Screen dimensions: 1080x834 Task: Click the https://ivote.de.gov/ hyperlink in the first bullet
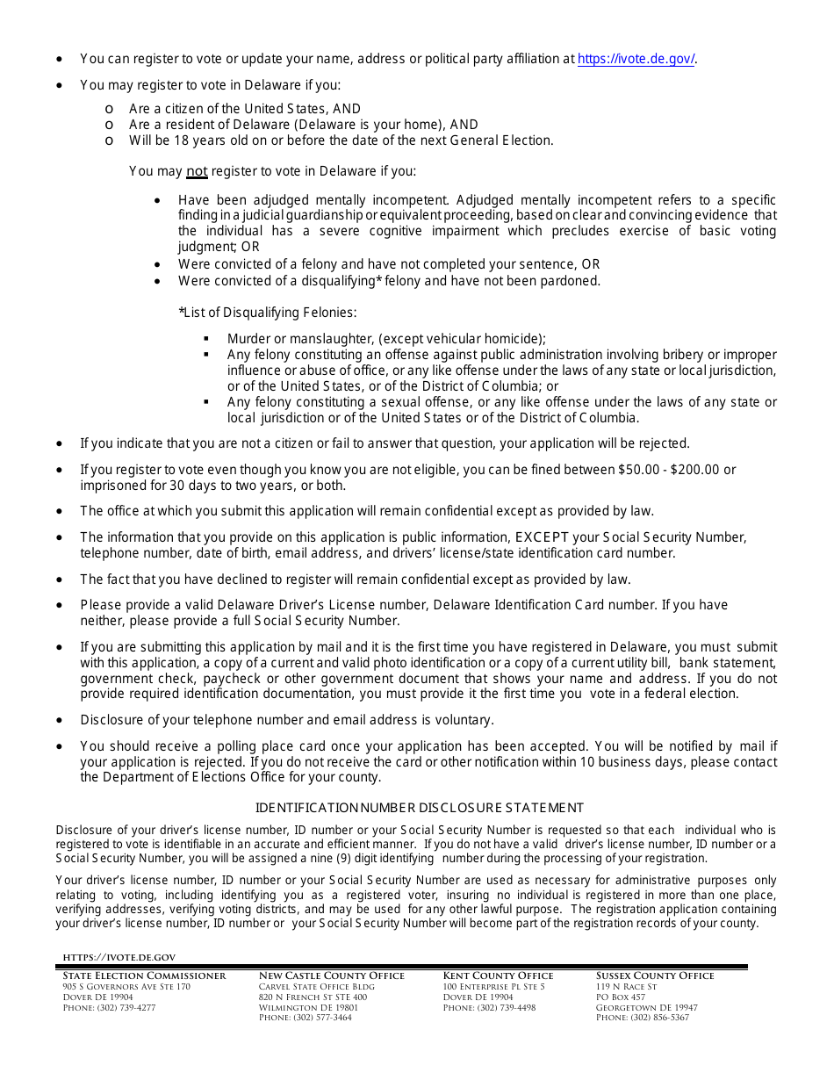(x=636, y=59)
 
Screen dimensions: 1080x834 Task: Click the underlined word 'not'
(x=197, y=171)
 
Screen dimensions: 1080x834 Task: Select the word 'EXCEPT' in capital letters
(x=543, y=537)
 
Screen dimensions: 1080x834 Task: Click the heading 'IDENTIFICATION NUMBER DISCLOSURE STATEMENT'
(x=419, y=808)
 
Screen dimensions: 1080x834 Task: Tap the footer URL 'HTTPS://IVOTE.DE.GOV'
(x=119, y=957)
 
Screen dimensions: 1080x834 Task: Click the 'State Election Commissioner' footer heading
(x=144, y=976)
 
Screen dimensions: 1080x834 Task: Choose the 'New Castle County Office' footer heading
(x=332, y=976)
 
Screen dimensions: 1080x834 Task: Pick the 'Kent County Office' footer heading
(x=498, y=976)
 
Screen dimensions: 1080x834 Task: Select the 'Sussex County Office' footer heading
(x=655, y=976)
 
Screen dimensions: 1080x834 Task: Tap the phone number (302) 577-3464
(x=322, y=1018)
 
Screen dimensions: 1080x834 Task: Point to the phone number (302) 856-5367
(x=659, y=1018)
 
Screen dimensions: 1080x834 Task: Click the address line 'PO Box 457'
(x=620, y=997)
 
